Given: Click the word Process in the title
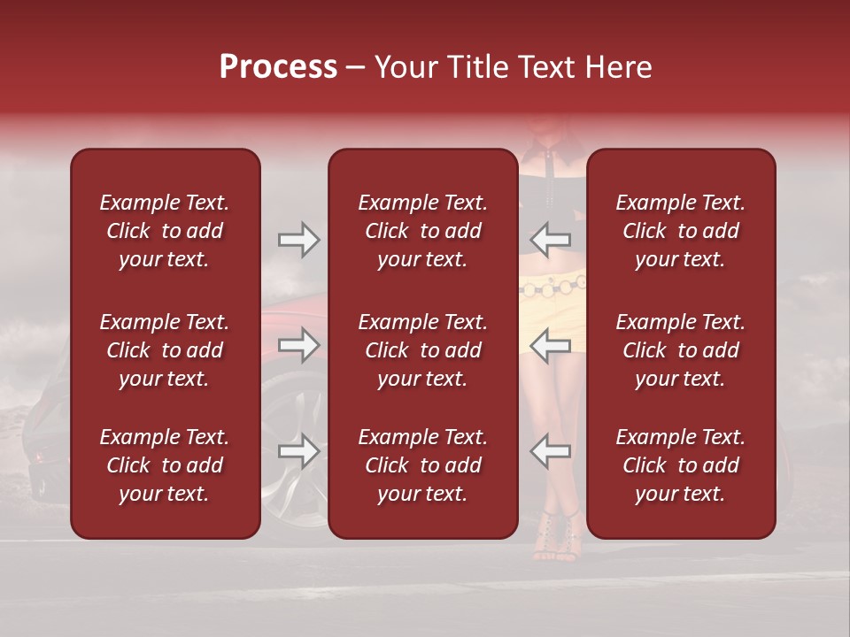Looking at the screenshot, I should coord(278,67).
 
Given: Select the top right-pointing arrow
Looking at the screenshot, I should coord(298,240).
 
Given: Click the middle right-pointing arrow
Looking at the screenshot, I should coord(298,345).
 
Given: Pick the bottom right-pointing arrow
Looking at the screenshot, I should coord(298,451).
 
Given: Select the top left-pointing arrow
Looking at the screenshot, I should coord(551,240).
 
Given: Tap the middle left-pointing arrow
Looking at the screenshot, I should coord(551,345).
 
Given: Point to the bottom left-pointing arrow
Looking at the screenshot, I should coord(551,451).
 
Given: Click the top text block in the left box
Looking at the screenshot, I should coord(165,231).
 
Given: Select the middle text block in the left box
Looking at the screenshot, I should coord(165,350).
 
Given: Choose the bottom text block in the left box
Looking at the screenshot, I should coord(165,465).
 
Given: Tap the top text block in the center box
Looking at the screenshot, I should coord(422,231).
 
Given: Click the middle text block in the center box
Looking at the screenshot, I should coord(422,350).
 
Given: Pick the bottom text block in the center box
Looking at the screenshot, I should coord(422,465).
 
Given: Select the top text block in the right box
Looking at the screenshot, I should coord(680,231).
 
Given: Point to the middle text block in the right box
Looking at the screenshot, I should coord(680,350).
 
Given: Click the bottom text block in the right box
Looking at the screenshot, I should coord(680,465).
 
